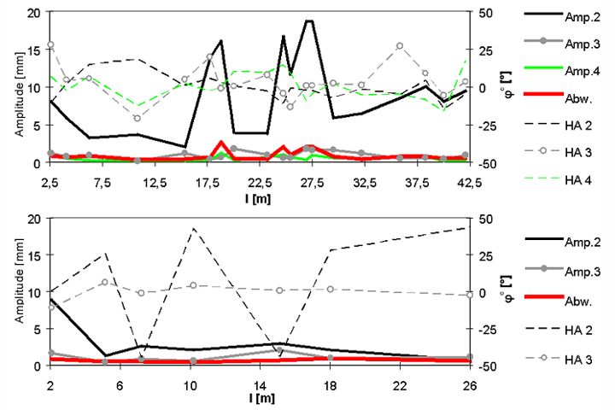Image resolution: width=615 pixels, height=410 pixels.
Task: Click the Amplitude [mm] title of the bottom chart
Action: (x=12, y=292)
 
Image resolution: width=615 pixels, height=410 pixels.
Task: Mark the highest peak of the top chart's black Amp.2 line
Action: (x=308, y=20)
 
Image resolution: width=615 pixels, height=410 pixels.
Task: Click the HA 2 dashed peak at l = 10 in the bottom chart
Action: (x=193, y=228)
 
